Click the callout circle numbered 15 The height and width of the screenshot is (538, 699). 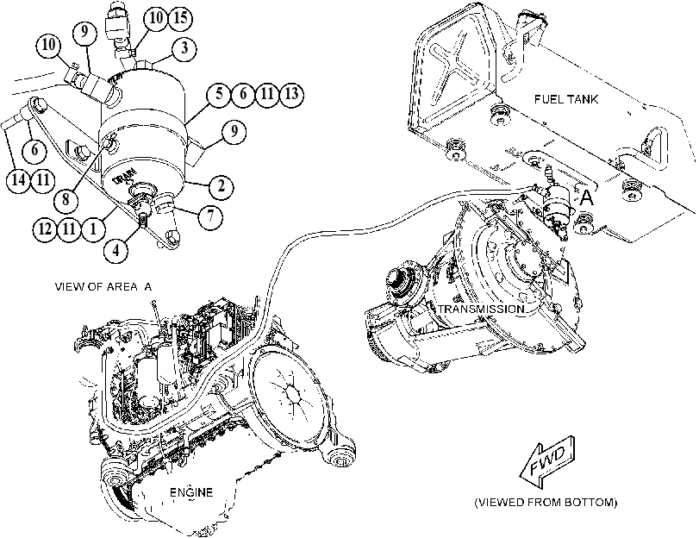[x=180, y=18]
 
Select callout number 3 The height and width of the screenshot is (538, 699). [x=184, y=48]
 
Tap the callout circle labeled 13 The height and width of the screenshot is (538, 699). [x=291, y=94]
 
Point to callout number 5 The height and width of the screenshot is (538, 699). [x=219, y=94]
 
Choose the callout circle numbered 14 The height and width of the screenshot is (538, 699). [x=19, y=180]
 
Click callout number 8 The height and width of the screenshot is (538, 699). [x=66, y=199]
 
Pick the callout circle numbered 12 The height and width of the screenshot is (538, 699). [x=45, y=228]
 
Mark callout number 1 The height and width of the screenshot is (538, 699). [x=93, y=228]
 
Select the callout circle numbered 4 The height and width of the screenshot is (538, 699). [x=115, y=250]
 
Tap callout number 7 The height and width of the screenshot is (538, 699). [x=210, y=216]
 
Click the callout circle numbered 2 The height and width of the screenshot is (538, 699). [x=222, y=185]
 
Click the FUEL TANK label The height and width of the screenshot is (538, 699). [x=565, y=99]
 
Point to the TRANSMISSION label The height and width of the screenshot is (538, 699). [x=481, y=309]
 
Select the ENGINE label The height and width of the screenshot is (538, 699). [x=191, y=492]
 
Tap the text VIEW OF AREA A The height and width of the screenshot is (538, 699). [x=103, y=286]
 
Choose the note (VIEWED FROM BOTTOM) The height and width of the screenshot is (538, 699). [x=546, y=503]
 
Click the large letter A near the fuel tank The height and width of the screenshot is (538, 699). [x=587, y=197]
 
